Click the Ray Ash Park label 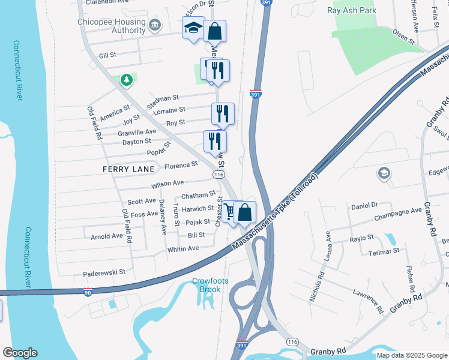coord(352,10)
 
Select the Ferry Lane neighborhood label coord(128,170)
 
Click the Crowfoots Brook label coord(206,285)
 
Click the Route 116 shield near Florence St coord(218,174)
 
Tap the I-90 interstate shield coord(88,292)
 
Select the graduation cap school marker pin coord(193,28)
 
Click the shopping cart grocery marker coord(229,212)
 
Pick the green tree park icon coord(126,79)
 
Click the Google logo coord(20,353)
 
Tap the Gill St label coord(107,55)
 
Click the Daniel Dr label coord(364,205)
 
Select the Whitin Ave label coord(182,249)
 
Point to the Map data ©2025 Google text coord(412,355)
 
